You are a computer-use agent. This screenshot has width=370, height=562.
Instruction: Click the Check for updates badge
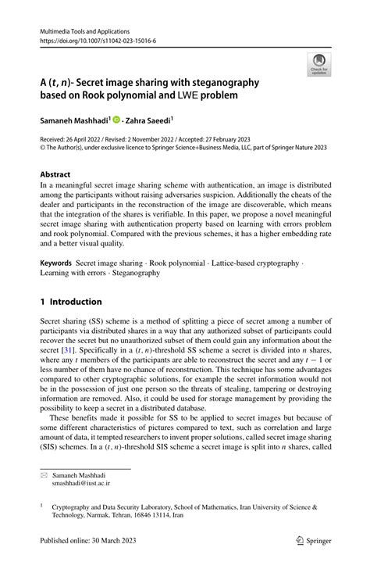(x=320, y=66)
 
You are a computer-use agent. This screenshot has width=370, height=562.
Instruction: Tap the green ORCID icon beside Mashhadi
(x=116, y=120)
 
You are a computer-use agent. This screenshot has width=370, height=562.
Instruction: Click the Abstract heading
(x=59, y=174)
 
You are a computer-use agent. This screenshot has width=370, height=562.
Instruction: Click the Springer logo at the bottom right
(x=313, y=539)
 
